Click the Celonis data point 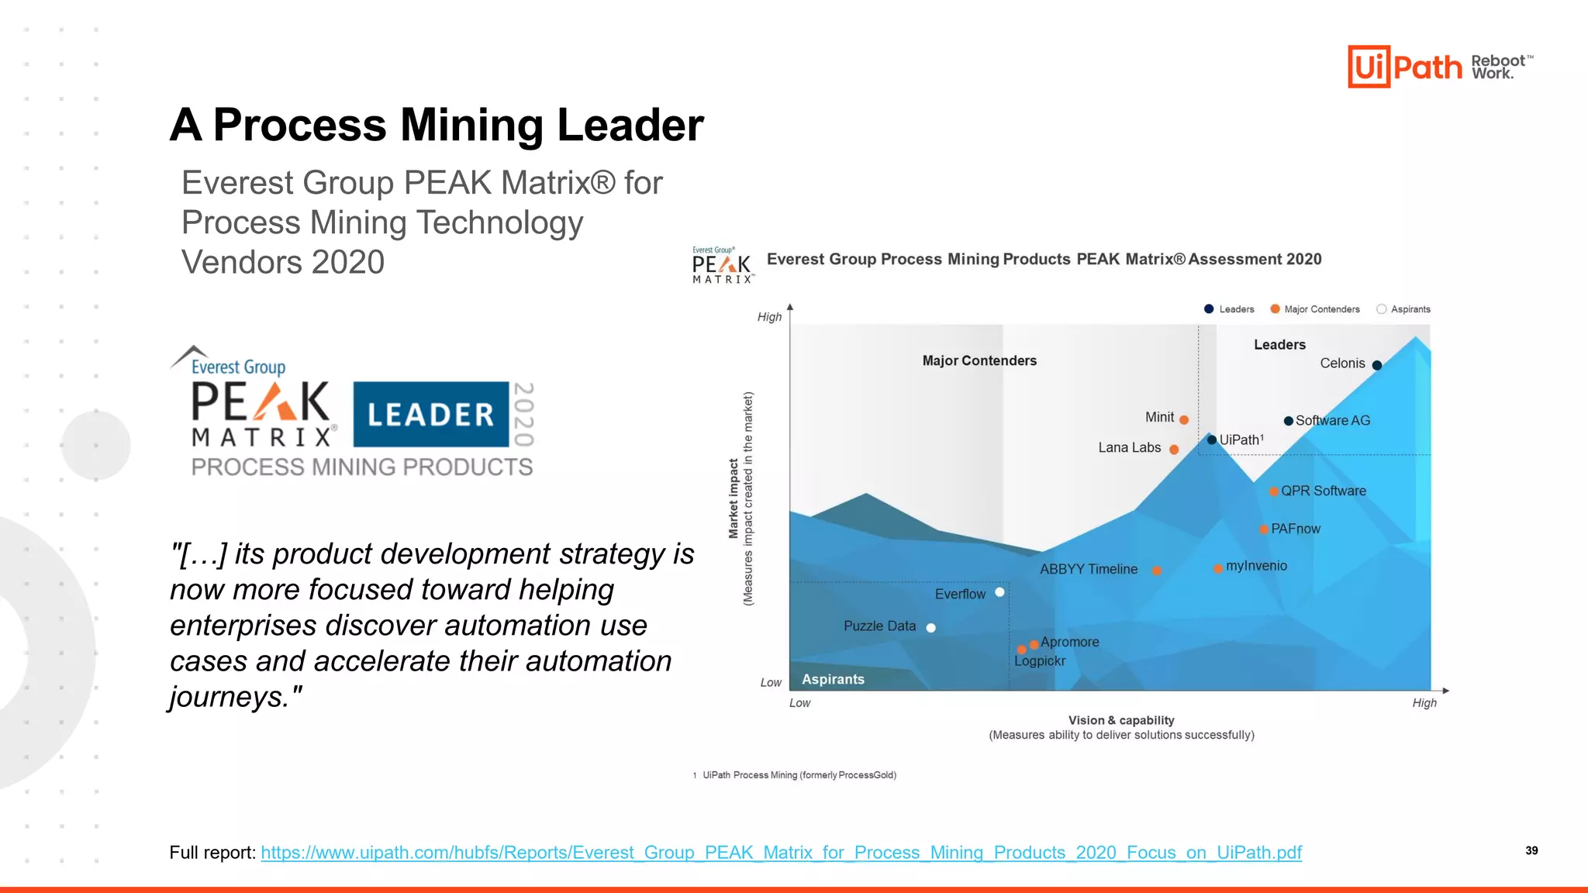(x=1377, y=365)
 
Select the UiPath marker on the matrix (x=1212, y=440)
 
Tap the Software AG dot (x=1288, y=421)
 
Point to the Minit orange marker (x=1184, y=420)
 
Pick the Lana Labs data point (x=1174, y=450)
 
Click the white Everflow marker (x=999, y=592)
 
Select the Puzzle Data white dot (x=931, y=628)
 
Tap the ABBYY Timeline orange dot (x=1157, y=571)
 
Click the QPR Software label (x=1323, y=491)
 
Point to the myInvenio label (x=1256, y=566)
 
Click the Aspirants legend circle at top (x=1382, y=309)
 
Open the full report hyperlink (x=781, y=853)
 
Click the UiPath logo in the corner (x=1404, y=67)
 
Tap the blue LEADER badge (x=431, y=414)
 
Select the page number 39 (x=1531, y=850)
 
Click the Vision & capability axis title (x=1121, y=720)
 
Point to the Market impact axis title (x=734, y=498)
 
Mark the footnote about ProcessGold (x=799, y=775)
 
